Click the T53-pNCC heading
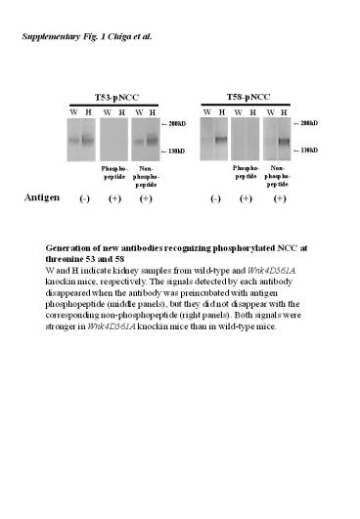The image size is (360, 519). (113, 100)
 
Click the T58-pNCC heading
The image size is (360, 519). (245, 100)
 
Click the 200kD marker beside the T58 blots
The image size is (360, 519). (309, 124)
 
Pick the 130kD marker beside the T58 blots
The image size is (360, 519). (309, 151)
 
